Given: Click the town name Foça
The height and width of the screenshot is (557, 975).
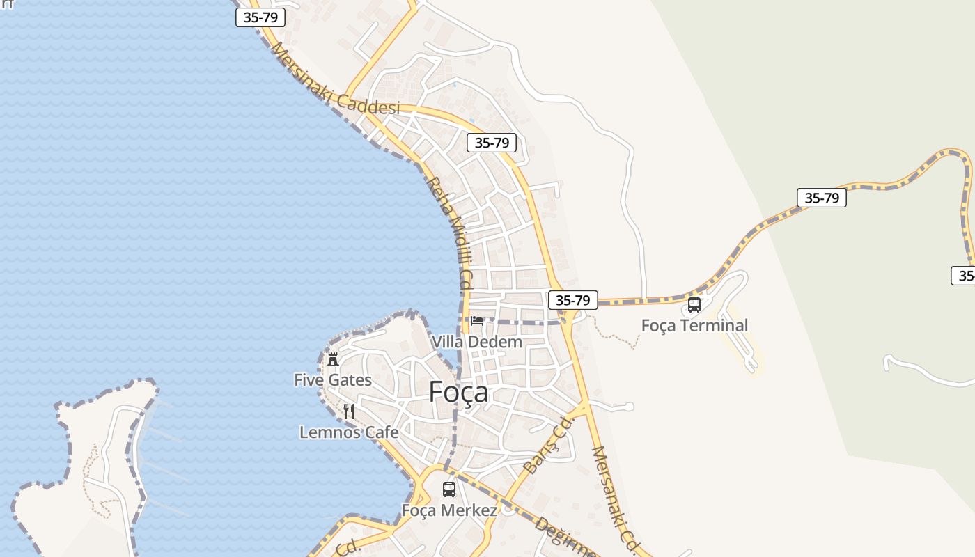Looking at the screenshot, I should pyautogui.click(x=458, y=393).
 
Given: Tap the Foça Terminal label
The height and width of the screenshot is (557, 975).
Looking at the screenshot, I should pyautogui.click(x=694, y=325).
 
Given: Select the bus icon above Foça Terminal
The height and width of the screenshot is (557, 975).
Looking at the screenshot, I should pyautogui.click(x=694, y=305).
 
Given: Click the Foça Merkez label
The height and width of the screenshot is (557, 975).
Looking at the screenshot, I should pyautogui.click(x=449, y=510).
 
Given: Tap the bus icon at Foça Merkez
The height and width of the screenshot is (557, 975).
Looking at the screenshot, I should pyautogui.click(x=449, y=489).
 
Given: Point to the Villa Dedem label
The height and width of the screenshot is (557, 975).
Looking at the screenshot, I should pyautogui.click(x=476, y=342).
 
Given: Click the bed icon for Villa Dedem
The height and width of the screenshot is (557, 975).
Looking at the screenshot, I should pyautogui.click(x=477, y=321).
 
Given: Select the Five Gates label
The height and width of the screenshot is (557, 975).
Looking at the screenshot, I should pyautogui.click(x=333, y=380).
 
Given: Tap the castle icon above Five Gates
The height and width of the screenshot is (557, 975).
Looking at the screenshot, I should pyautogui.click(x=333, y=359).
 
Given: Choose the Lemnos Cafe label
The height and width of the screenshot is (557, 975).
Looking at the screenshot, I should pyautogui.click(x=349, y=432).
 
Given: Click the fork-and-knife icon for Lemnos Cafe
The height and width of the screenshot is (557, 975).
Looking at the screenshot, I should pyautogui.click(x=349, y=411).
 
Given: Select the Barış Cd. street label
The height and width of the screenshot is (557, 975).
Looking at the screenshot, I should pyautogui.click(x=548, y=446).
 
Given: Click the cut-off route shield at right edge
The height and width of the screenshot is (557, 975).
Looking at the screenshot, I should pyautogui.click(x=964, y=275).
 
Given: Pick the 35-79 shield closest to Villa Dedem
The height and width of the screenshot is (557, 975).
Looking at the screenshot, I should pyautogui.click(x=572, y=300).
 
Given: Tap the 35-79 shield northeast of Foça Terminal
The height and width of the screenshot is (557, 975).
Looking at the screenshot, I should pyautogui.click(x=821, y=198).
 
